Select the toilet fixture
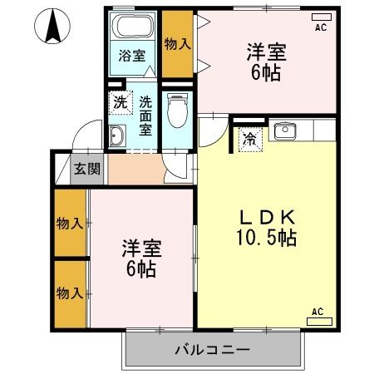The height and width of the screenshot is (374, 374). coord(176,108)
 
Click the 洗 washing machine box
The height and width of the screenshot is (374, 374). coord(120,104)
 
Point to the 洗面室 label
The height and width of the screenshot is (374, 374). coord(145,116)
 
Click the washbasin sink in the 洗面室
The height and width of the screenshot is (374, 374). coord(118,136)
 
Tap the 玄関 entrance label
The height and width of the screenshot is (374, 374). coord(86,170)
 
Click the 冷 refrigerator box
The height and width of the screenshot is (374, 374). coord(249,140)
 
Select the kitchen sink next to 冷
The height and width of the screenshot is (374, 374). coord(286,130)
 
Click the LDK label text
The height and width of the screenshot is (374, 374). coord(268,217)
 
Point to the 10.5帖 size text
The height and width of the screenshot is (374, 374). coord(268,239)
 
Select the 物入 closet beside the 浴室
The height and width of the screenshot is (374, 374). coord(175,43)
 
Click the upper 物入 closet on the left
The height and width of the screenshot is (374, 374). coord(70,223)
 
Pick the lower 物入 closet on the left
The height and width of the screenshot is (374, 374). coord(70,293)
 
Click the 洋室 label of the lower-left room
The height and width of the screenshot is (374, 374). coord(141,249)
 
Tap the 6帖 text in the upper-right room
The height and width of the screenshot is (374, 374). coord(267,72)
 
